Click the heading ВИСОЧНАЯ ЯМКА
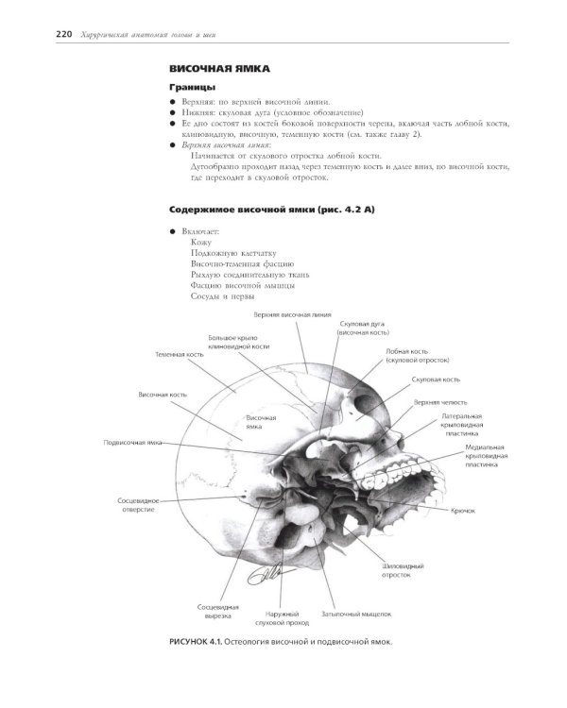point(218,69)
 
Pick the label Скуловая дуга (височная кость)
point(363,328)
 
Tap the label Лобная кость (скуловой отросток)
point(417,356)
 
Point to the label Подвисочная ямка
point(131,442)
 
